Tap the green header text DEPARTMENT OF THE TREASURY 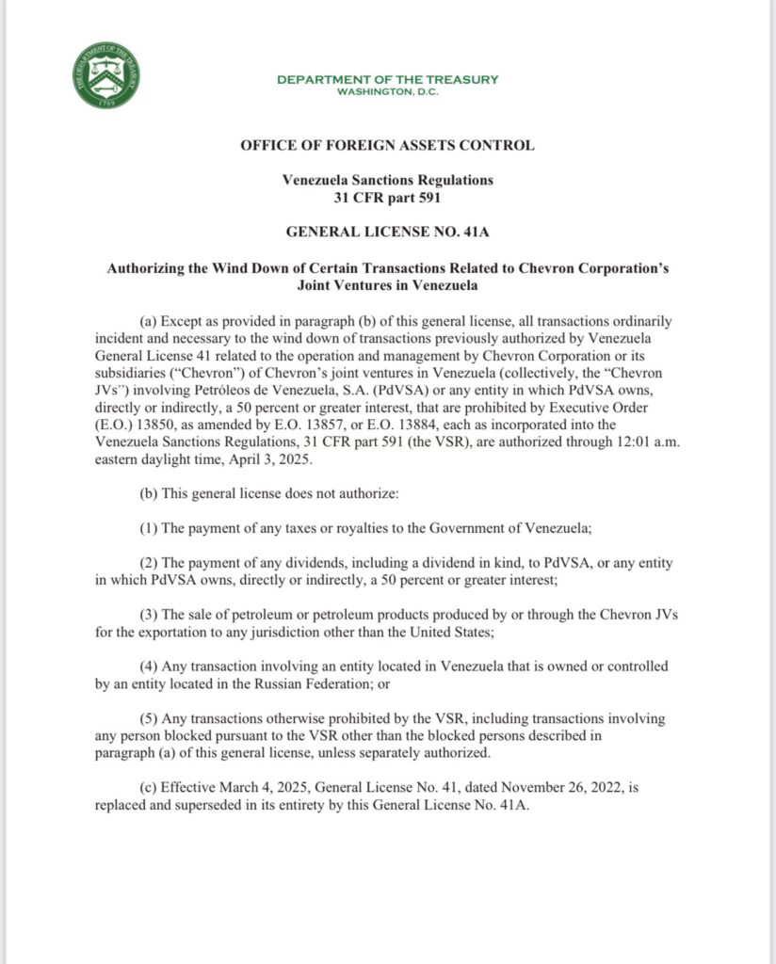coord(387,79)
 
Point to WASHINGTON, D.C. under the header coord(387,91)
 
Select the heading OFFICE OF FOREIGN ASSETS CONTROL coord(387,145)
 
